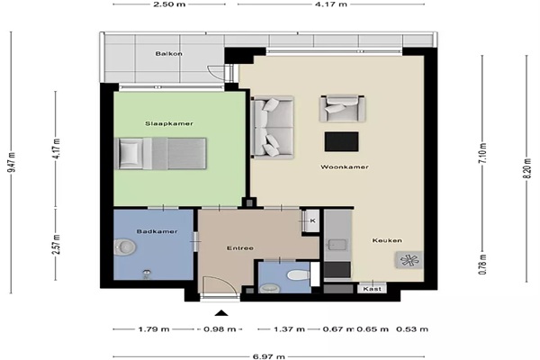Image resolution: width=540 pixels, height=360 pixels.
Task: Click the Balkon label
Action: [169, 54]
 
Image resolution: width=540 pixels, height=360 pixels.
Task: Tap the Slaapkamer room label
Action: [169, 123]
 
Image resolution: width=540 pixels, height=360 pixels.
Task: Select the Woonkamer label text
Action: [345, 167]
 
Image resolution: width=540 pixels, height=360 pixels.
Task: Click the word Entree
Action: [240, 248]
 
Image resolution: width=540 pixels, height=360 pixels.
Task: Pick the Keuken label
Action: [387, 240]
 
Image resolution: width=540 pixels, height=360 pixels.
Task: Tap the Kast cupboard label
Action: [373, 289]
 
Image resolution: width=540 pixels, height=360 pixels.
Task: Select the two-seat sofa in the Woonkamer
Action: [272, 128]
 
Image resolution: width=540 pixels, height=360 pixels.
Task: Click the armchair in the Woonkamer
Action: [342, 109]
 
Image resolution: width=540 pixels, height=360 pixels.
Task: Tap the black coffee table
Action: [341, 141]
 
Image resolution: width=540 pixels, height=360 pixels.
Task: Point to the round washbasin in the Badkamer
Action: [125, 247]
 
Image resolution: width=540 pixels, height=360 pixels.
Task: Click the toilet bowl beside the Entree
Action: [298, 275]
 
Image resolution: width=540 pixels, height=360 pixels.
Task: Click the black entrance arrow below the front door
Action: [221, 313]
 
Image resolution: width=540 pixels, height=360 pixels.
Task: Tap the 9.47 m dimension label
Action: [12, 162]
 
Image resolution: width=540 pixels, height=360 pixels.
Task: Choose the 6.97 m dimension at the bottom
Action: [268, 356]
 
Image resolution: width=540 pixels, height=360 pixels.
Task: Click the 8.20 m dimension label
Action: [526, 168]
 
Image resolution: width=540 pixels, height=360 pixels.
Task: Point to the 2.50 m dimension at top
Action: [169, 4]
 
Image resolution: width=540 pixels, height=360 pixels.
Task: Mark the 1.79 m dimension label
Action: [154, 329]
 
